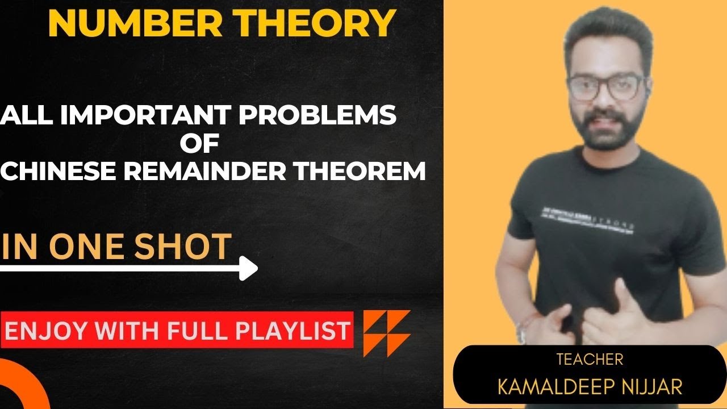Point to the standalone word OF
tap(199, 143)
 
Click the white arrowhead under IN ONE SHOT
tap(248, 268)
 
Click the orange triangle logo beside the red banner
tap(387, 333)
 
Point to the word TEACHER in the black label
tap(590, 359)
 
